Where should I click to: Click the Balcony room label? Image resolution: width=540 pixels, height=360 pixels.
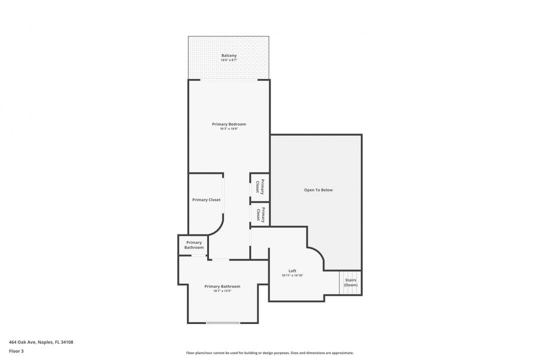tap(229, 55)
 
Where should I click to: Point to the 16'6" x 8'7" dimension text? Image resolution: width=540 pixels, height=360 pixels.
tap(229, 60)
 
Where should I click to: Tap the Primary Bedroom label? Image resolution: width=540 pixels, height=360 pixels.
tap(229, 124)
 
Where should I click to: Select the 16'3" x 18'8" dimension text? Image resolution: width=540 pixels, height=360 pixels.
tap(229, 128)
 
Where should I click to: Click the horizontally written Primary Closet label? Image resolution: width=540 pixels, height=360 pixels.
tap(206, 200)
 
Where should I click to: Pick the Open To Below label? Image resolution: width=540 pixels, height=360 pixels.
tap(318, 190)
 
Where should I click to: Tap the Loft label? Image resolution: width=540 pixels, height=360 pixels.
tap(292, 271)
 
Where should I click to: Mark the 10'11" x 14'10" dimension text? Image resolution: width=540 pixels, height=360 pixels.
tap(292, 275)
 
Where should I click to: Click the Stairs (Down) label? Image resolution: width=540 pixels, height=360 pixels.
tap(350, 282)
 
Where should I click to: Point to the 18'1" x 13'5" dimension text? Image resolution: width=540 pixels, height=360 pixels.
tap(222, 291)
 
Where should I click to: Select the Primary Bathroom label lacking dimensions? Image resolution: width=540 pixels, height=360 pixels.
tap(194, 245)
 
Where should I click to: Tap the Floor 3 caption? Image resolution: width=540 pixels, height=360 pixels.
tap(16, 351)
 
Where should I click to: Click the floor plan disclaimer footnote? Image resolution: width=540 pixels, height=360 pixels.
tap(269, 353)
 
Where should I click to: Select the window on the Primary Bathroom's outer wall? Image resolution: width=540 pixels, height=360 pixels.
tap(223, 323)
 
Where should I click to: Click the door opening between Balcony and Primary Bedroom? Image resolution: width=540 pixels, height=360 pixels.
tap(229, 79)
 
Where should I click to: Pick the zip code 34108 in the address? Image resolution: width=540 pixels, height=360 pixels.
tap(66, 342)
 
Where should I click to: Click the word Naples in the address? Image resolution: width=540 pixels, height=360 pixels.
tap(46, 342)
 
